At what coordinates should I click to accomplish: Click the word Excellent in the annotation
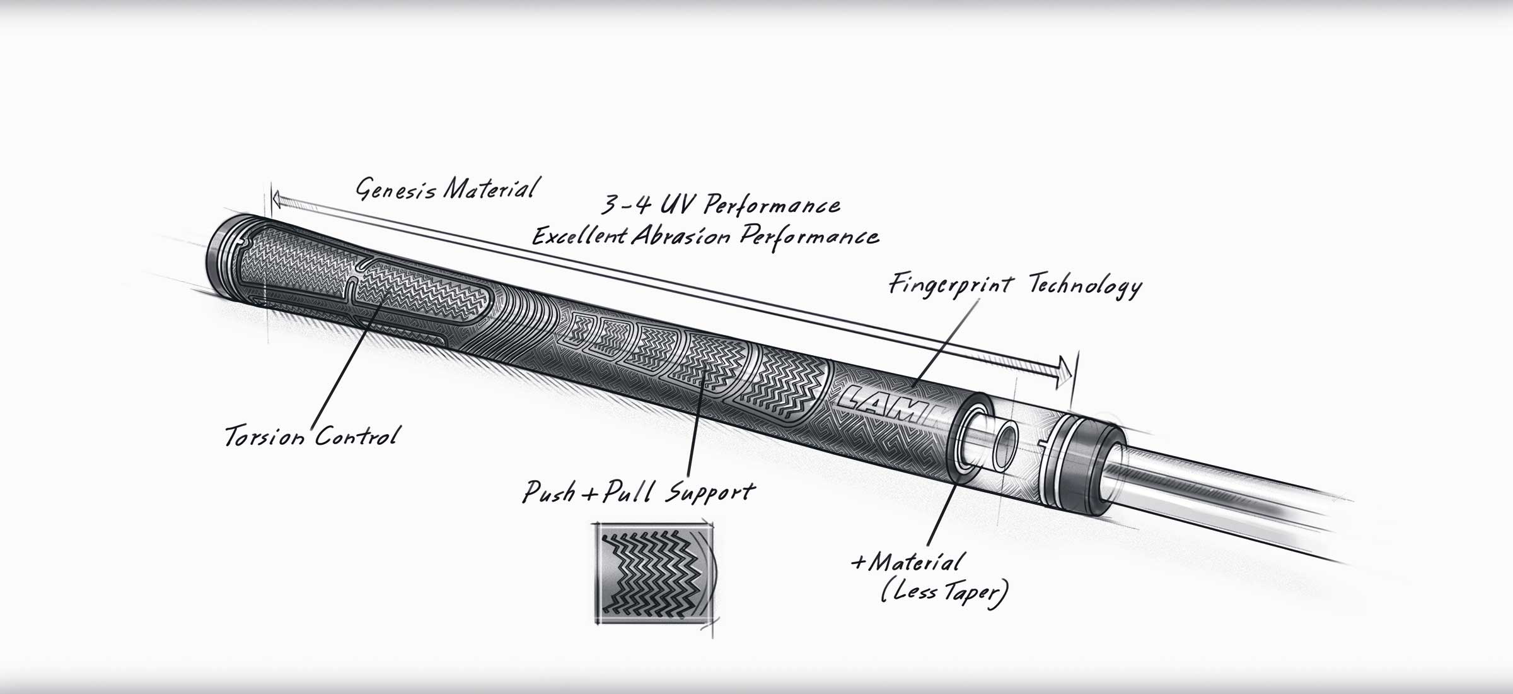click(580, 236)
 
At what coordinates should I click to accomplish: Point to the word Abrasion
click(681, 236)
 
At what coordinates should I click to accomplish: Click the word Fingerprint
click(951, 285)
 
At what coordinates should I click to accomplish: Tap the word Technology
click(1085, 287)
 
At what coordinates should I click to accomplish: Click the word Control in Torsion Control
click(356, 435)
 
